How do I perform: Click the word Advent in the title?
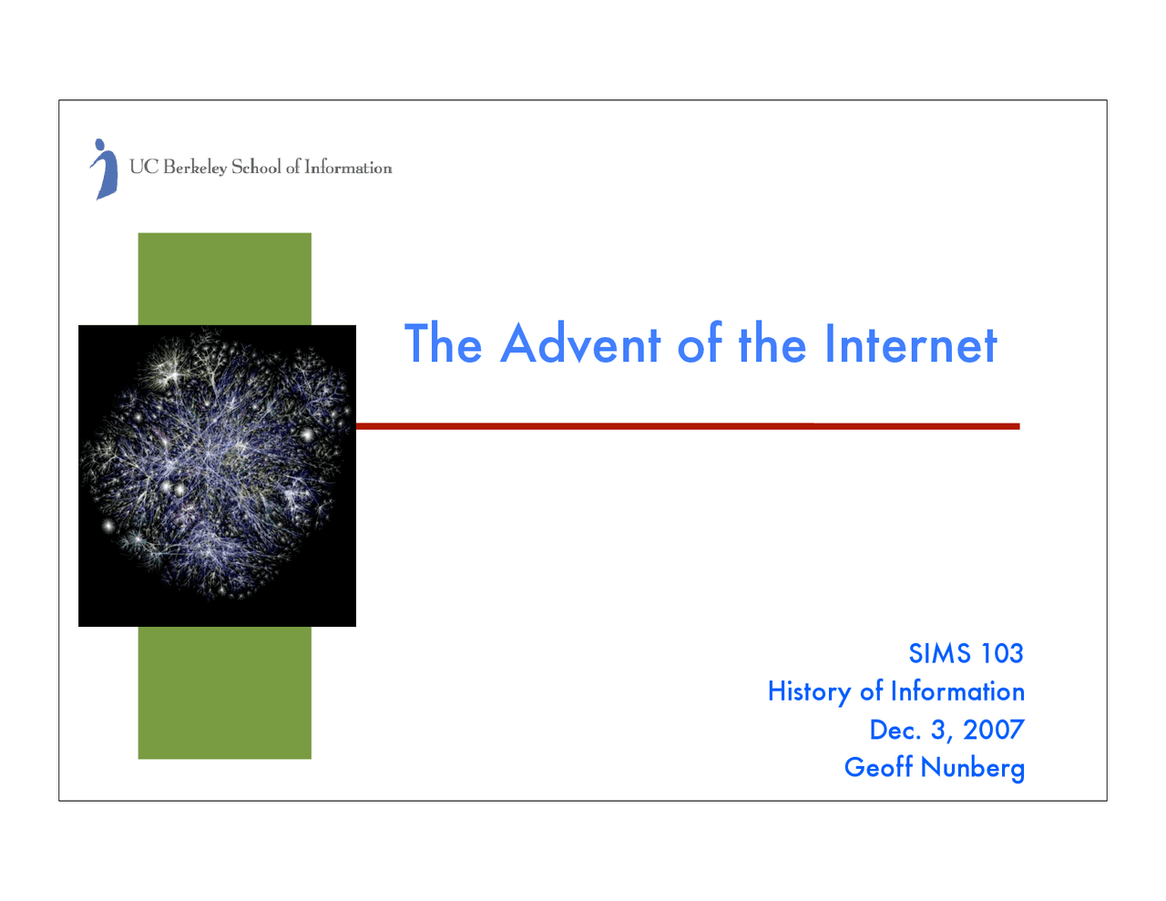pyautogui.click(x=580, y=344)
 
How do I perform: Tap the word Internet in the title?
pyautogui.click(x=910, y=344)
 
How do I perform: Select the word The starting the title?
pyautogui.click(x=443, y=344)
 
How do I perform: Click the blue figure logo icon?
pyautogui.click(x=105, y=169)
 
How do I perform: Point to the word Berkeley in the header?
pyautogui.click(x=195, y=168)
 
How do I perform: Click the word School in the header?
pyautogui.click(x=256, y=167)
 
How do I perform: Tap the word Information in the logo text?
pyautogui.click(x=348, y=168)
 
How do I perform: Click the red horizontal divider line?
pyautogui.click(x=688, y=425)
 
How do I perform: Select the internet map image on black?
pyautogui.click(x=217, y=475)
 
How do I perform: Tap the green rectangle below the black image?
pyautogui.click(x=224, y=692)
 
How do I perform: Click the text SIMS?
pyautogui.click(x=939, y=653)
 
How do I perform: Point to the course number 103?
pyautogui.click(x=1002, y=653)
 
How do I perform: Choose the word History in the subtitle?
pyautogui.click(x=809, y=692)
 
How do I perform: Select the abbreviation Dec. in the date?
pyautogui.click(x=895, y=730)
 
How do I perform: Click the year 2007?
pyautogui.click(x=994, y=730)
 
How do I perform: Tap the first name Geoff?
pyautogui.click(x=878, y=767)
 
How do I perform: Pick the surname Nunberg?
pyautogui.click(x=973, y=768)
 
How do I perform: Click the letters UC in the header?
pyautogui.click(x=143, y=167)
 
